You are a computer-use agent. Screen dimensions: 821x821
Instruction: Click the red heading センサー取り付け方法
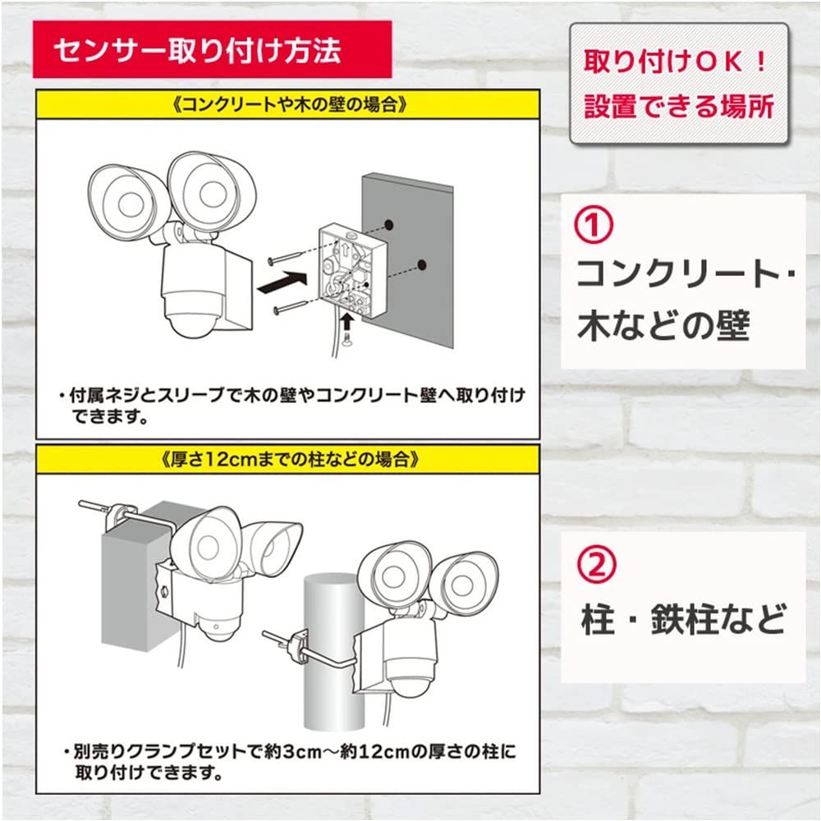[197, 52]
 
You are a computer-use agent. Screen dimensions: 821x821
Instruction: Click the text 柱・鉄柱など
[681, 617]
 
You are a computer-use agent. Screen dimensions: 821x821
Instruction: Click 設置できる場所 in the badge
[678, 106]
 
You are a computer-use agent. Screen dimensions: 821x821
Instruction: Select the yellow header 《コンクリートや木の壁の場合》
[287, 106]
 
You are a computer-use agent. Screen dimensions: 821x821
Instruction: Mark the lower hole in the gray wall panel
[422, 264]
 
